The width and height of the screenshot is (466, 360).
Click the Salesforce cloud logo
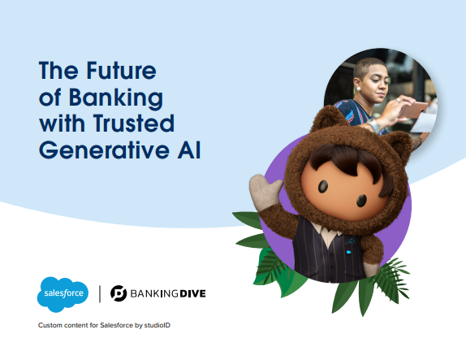[63, 293]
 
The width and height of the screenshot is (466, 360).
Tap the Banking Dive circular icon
[119, 293]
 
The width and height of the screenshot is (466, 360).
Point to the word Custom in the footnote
[51, 326]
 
